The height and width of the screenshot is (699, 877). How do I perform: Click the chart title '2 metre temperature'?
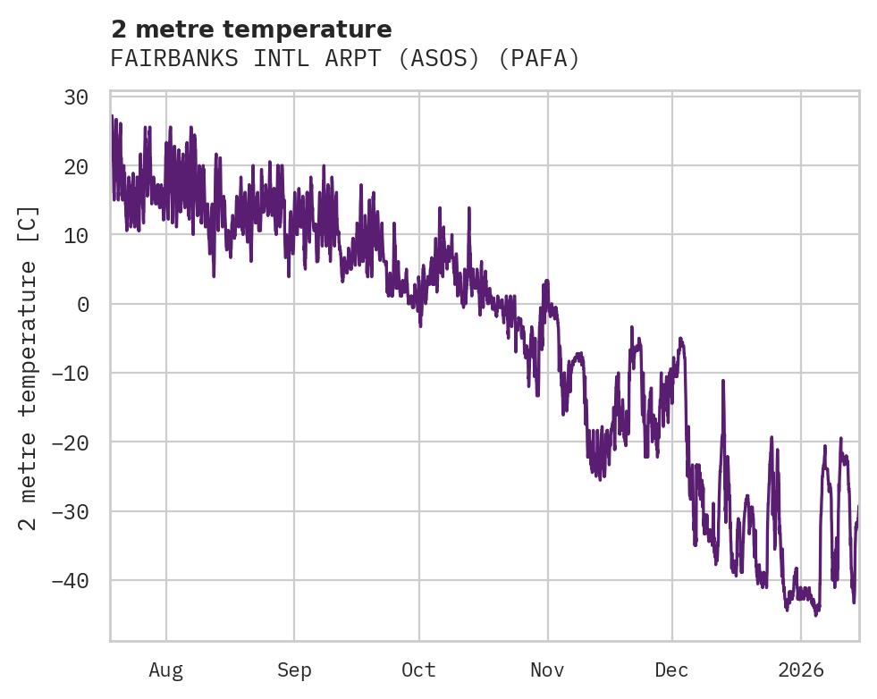[251, 29]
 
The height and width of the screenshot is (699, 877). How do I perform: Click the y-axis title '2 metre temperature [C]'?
[29, 367]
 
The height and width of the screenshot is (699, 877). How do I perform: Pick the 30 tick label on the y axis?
[76, 97]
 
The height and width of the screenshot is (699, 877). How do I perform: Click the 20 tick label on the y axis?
[76, 166]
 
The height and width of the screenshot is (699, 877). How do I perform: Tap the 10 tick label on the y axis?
[76, 235]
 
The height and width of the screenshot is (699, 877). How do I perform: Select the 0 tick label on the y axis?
[82, 305]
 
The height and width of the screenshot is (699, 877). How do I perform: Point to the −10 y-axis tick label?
[70, 374]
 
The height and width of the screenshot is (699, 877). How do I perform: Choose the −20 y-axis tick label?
[70, 442]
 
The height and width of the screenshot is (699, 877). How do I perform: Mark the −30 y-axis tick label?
[70, 511]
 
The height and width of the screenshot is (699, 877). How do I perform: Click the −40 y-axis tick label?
[70, 581]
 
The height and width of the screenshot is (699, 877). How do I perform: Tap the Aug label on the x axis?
[166, 670]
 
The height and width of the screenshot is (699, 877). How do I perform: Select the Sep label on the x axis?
[294, 670]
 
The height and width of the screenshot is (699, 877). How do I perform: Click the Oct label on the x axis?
[418, 670]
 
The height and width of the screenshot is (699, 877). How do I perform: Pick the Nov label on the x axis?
[547, 670]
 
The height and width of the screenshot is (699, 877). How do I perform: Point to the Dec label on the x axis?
[671, 670]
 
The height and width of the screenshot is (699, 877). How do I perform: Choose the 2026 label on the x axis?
[800, 670]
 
